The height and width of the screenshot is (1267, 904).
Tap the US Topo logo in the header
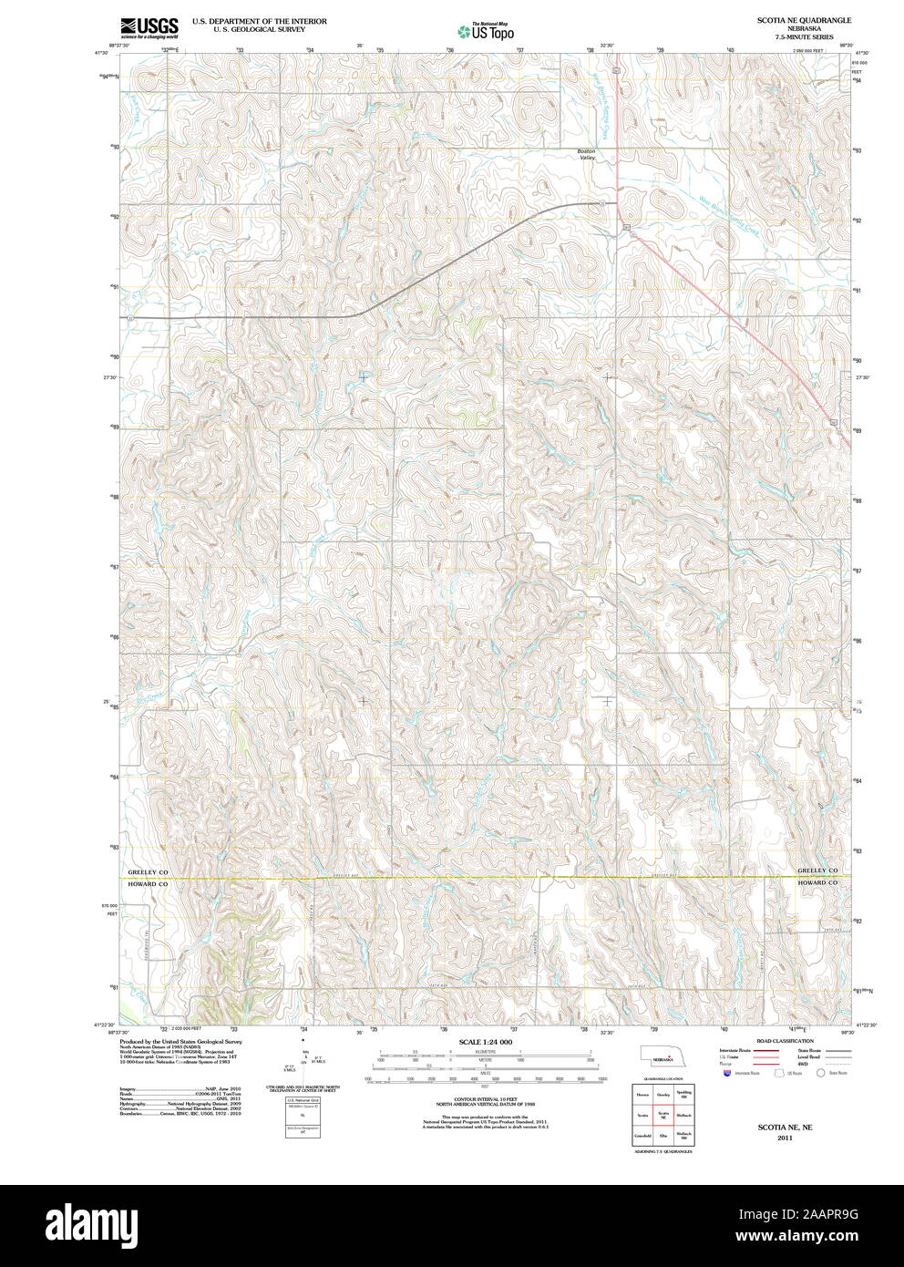[487, 32]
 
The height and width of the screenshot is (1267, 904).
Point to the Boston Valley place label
[586, 155]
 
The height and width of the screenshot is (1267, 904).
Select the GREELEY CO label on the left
[148, 871]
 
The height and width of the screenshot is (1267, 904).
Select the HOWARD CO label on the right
[817, 882]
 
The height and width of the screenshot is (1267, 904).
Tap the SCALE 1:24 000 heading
[486, 1042]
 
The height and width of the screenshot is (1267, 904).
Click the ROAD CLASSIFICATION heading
[786, 1041]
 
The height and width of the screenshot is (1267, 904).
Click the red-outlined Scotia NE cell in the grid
[663, 1115]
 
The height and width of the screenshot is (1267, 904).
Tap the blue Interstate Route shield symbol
[726, 1074]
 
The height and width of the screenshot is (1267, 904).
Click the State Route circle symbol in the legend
[820, 1074]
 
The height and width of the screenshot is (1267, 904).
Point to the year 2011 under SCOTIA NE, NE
[786, 1138]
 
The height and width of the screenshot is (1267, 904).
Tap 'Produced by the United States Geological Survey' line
[181, 1041]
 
